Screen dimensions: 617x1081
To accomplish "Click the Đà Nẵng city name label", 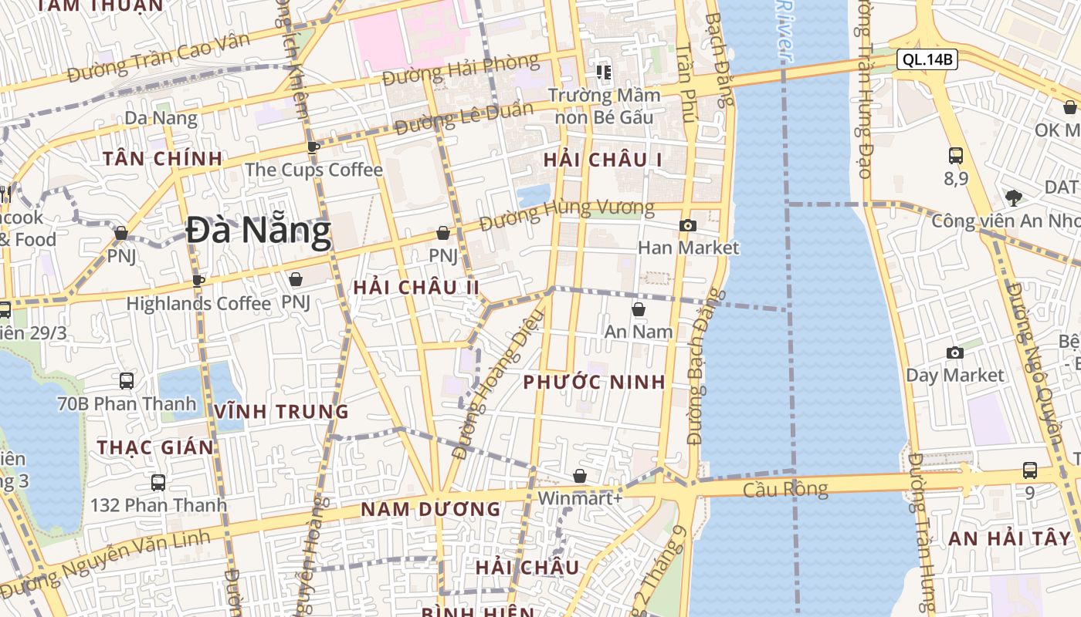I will (258, 231).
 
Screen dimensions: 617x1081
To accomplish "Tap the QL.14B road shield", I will (927, 59).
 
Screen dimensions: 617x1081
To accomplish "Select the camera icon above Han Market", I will (687, 226).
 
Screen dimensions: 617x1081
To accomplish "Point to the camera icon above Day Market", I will (955, 353).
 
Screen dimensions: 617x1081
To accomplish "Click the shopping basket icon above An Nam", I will (639, 310).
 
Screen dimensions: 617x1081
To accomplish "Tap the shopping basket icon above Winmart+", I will (580, 477).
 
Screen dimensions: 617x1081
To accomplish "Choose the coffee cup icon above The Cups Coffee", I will (313, 147).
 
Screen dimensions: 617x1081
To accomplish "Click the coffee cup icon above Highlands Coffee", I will (198, 281).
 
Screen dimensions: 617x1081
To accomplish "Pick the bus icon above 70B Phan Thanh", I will (127, 381).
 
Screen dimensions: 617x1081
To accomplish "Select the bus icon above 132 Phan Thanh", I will (158, 484).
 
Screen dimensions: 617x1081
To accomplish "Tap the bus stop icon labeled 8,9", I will (956, 156).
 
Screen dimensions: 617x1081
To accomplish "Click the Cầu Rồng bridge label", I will (785, 489).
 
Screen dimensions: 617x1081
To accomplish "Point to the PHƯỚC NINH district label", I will (594, 383).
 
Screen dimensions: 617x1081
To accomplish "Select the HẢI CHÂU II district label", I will (416, 288).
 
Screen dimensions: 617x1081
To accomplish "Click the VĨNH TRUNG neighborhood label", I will (282, 412).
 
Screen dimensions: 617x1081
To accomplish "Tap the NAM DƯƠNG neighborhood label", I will (431, 509).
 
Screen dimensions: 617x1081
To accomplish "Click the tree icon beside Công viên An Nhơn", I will (1014, 197).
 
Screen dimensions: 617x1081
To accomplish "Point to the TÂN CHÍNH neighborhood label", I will (163, 159).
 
